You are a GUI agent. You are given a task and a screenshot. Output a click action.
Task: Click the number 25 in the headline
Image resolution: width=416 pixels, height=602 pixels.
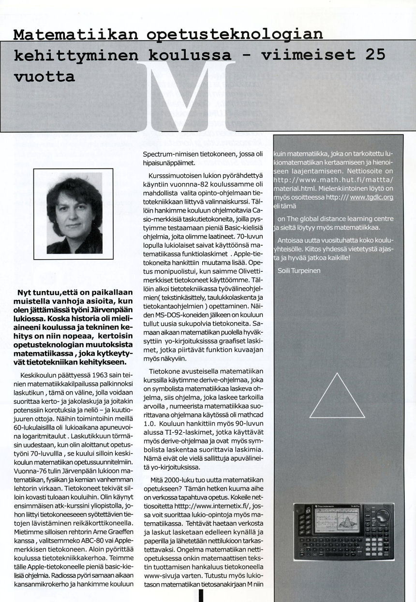(x=375, y=54)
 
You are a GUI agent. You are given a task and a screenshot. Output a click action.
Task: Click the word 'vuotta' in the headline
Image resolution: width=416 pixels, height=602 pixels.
(x=45, y=76)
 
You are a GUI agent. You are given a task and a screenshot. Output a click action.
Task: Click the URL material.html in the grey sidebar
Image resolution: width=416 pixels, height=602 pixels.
(x=296, y=188)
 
